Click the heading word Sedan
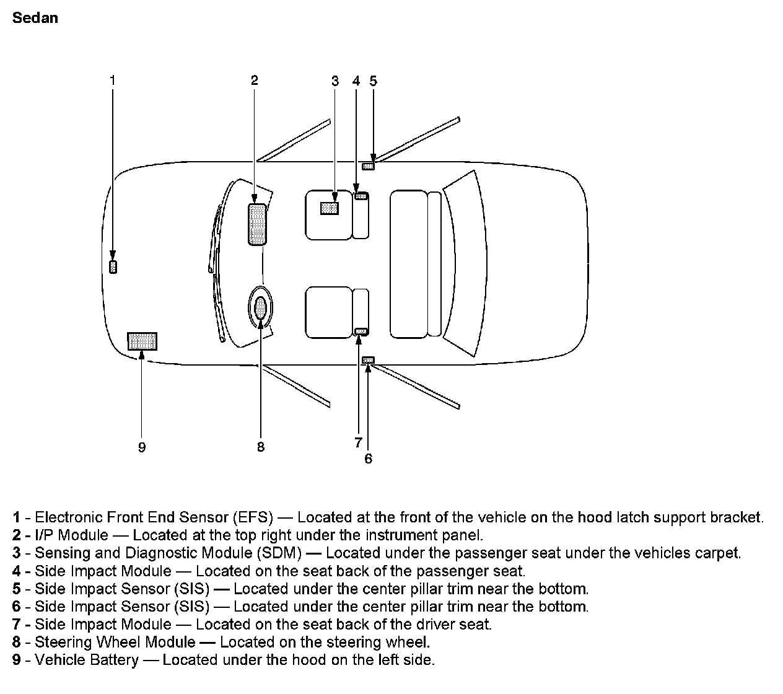[35, 18]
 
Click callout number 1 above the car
[112, 79]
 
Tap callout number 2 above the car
[254, 79]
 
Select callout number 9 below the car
[142, 447]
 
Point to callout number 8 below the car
[261, 447]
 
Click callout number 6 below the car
[369, 459]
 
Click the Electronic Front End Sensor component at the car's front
[113, 267]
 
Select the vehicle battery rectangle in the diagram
[142, 341]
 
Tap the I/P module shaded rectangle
[257, 224]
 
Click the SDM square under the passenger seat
[330, 208]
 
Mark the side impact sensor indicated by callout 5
[369, 165]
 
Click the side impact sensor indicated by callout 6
[369, 360]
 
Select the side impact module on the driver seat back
[361, 331]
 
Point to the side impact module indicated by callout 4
[361, 196]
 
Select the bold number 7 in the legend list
[16, 625]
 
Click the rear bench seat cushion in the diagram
[409, 264]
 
